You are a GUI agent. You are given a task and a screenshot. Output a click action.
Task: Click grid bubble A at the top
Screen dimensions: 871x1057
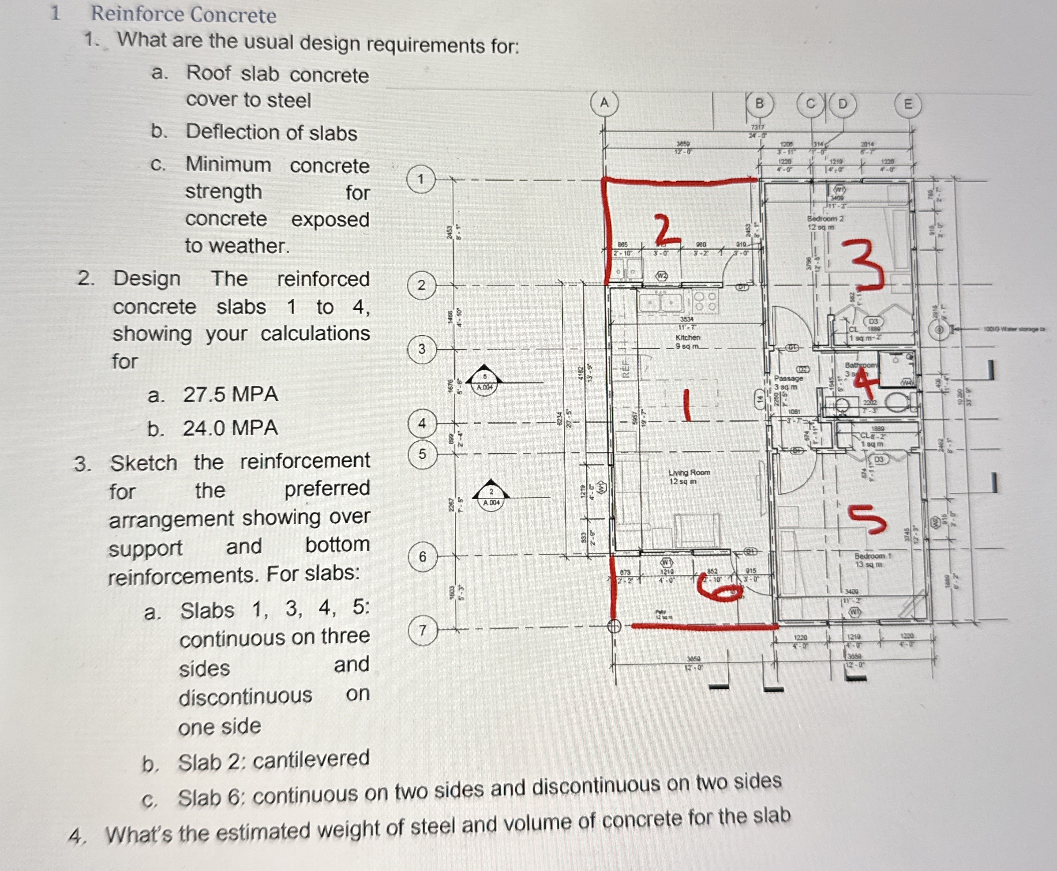coord(604,103)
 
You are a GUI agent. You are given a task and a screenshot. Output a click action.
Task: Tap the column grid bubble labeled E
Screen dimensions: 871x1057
coord(908,105)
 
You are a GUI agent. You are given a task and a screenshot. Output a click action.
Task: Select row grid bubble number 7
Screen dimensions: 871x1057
coord(422,630)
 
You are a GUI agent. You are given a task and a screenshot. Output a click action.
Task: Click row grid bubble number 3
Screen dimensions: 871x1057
coord(422,349)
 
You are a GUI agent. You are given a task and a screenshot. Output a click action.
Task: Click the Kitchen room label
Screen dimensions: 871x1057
coord(687,338)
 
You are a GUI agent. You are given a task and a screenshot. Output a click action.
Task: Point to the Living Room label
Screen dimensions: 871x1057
coord(689,473)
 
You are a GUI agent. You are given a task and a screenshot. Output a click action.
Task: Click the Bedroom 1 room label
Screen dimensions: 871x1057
coord(873,556)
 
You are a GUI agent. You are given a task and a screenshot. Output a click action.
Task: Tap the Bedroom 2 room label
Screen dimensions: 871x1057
coord(825,219)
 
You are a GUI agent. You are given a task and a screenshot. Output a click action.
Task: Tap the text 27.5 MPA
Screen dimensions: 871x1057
coord(230,394)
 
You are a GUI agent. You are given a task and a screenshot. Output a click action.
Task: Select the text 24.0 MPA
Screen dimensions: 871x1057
coord(230,428)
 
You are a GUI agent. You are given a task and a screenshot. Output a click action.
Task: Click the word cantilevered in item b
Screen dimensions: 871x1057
coord(311,759)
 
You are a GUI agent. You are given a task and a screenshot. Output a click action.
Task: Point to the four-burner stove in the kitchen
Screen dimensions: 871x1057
coord(705,301)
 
